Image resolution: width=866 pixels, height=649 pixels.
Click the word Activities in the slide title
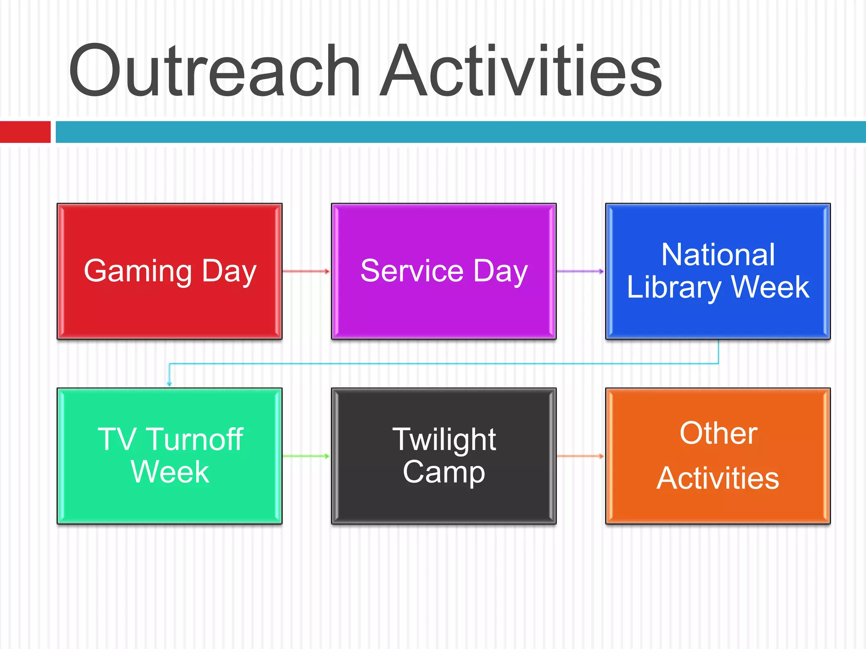pos(520,71)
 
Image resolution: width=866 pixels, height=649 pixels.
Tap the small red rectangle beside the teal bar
pos(25,132)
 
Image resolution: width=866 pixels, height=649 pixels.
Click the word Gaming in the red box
pos(138,271)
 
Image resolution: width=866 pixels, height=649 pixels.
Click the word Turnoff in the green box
pos(195,439)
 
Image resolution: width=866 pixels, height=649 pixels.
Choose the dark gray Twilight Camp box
pos(444,503)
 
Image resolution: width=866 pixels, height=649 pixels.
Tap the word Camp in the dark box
pos(444,472)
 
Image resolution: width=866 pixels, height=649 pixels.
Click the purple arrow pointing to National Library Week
pos(580,271)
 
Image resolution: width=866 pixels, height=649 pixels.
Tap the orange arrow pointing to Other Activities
pos(580,456)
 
